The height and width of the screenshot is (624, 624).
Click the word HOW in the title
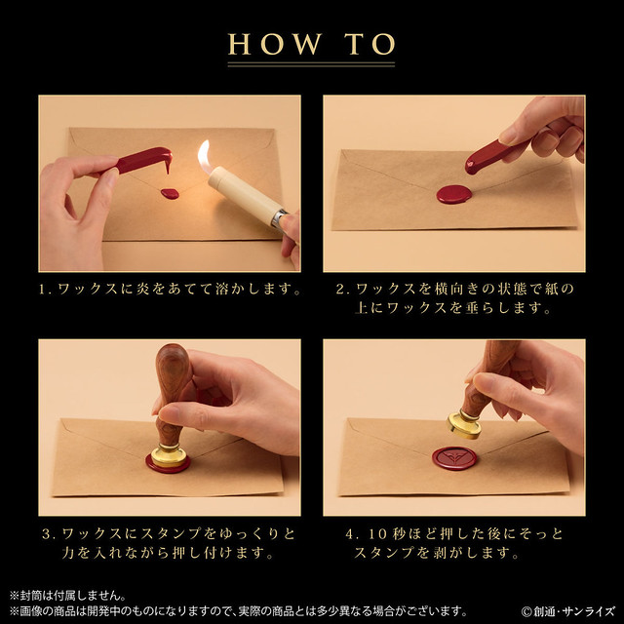click(x=275, y=44)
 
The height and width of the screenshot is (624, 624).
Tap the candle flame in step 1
click(x=205, y=156)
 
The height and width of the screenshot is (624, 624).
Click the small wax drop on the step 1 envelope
click(x=170, y=194)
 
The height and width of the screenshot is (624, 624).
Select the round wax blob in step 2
click(x=454, y=195)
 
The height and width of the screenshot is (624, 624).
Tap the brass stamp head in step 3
click(x=169, y=455)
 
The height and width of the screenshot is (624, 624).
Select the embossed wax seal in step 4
click(x=454, y=458)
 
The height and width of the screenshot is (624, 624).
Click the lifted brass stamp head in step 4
click(x=464, y=424)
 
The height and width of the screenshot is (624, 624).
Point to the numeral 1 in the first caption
click(x=42, y=290)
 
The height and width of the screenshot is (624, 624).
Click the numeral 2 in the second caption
click(x=340, y=290)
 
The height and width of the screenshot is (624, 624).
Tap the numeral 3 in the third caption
click(x=46, y=533)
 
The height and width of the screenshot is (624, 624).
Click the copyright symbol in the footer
click(x=526, y=611)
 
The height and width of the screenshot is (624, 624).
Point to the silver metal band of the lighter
click(x=278, y=219)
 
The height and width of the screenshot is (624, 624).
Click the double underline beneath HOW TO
click(x=311, y=64)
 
